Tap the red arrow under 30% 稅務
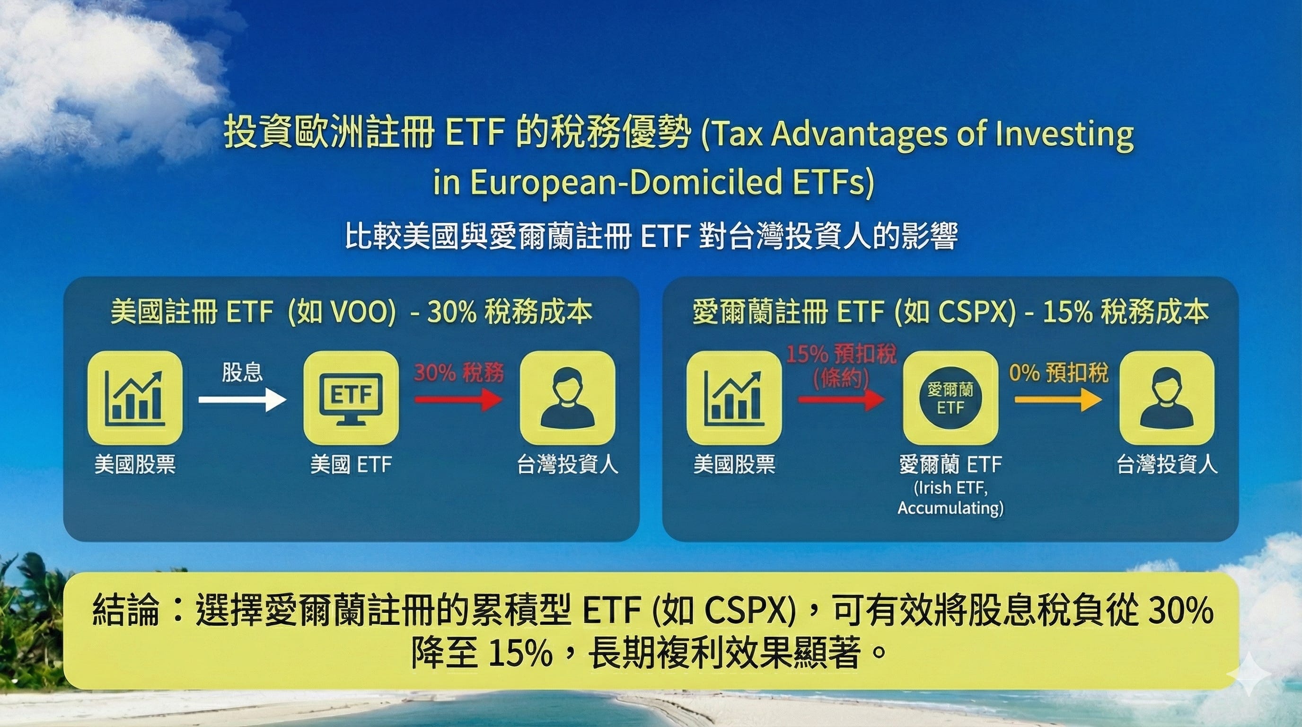click(458, 400)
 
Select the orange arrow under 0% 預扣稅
click(1058, 400)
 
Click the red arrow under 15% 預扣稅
click(841, 400)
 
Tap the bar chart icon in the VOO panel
click(134, 398)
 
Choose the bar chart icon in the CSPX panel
click(734, 398)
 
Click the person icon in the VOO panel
click(567, 398)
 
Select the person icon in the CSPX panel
click(1167, 398)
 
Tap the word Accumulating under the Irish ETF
click(950, 508)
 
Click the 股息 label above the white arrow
click(242, 372)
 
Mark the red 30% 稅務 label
click(459, 373)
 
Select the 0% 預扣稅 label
click(1058, 373)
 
